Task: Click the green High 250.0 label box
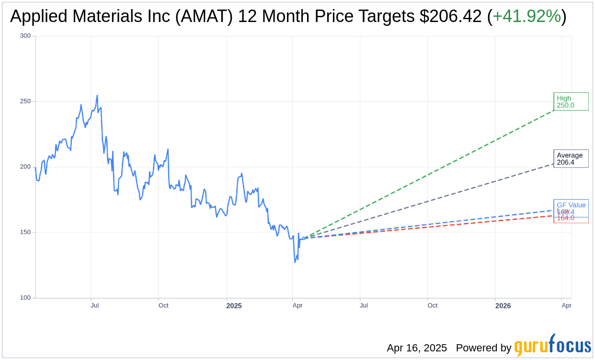571,101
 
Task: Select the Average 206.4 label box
571,158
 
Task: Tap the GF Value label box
571,205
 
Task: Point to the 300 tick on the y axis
25,36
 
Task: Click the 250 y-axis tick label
25,101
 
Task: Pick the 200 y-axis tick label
25,167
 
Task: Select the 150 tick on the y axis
25,232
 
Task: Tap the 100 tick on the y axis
25,298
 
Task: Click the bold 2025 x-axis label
234,306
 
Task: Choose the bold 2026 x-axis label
503,306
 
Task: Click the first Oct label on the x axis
163,305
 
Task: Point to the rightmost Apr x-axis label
566,305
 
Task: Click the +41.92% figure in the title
526,16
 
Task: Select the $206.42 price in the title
450,16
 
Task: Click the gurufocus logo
552,346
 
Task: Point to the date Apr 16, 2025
417,348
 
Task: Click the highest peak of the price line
97,95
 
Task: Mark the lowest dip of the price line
295,262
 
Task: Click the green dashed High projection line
431,173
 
